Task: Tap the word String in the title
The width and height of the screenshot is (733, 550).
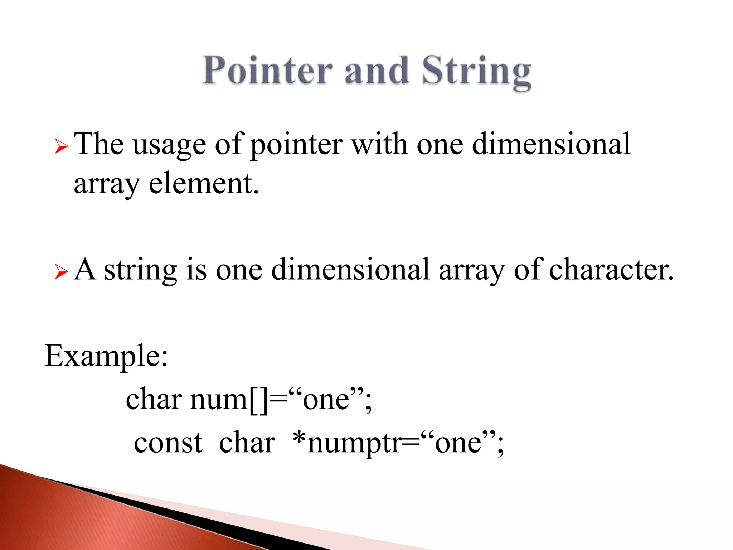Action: [476, 72]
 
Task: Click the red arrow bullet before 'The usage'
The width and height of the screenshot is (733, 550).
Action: [61, 147]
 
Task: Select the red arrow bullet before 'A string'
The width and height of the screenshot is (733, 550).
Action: [61, 272]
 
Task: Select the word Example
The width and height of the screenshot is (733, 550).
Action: [106, 356]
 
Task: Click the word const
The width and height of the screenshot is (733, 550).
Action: [168, 443]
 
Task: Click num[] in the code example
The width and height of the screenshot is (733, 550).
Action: [229, 400]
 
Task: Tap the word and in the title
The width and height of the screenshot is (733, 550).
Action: [377, 71]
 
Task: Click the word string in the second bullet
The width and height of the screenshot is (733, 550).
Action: [140, 270]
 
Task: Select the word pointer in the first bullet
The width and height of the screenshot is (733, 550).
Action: [296, 145]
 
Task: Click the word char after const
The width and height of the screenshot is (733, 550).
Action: [247, 443]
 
